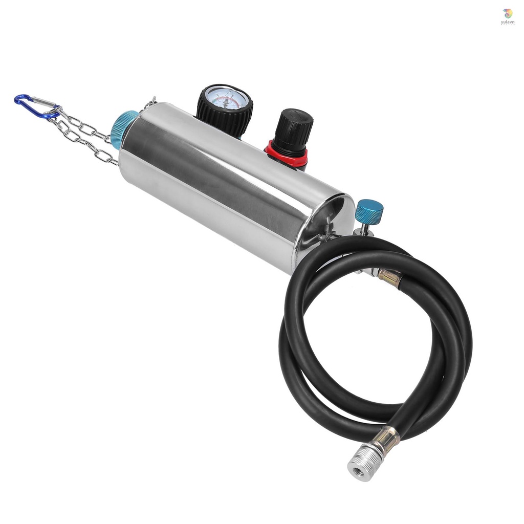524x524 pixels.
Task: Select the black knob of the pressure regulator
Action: click(x=293, y=130)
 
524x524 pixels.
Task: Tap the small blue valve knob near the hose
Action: click(x=369, y=210)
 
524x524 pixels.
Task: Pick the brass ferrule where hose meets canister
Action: click(x=390, y=277)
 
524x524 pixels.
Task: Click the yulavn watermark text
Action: click(x=507, y=22)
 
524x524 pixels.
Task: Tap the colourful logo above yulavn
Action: click(x=507, y=13)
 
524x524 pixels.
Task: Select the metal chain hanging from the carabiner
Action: click(x=84, y=136)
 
